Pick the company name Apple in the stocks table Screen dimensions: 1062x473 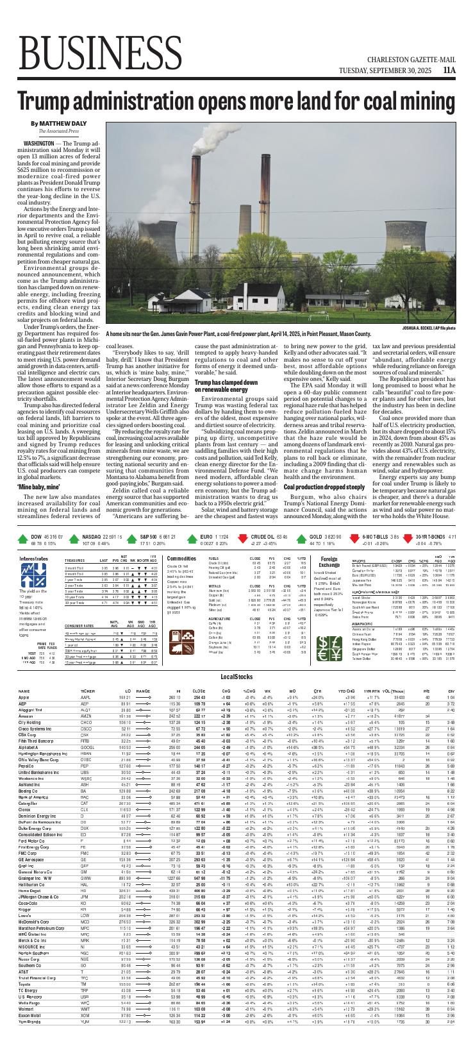[x=24, y=697]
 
